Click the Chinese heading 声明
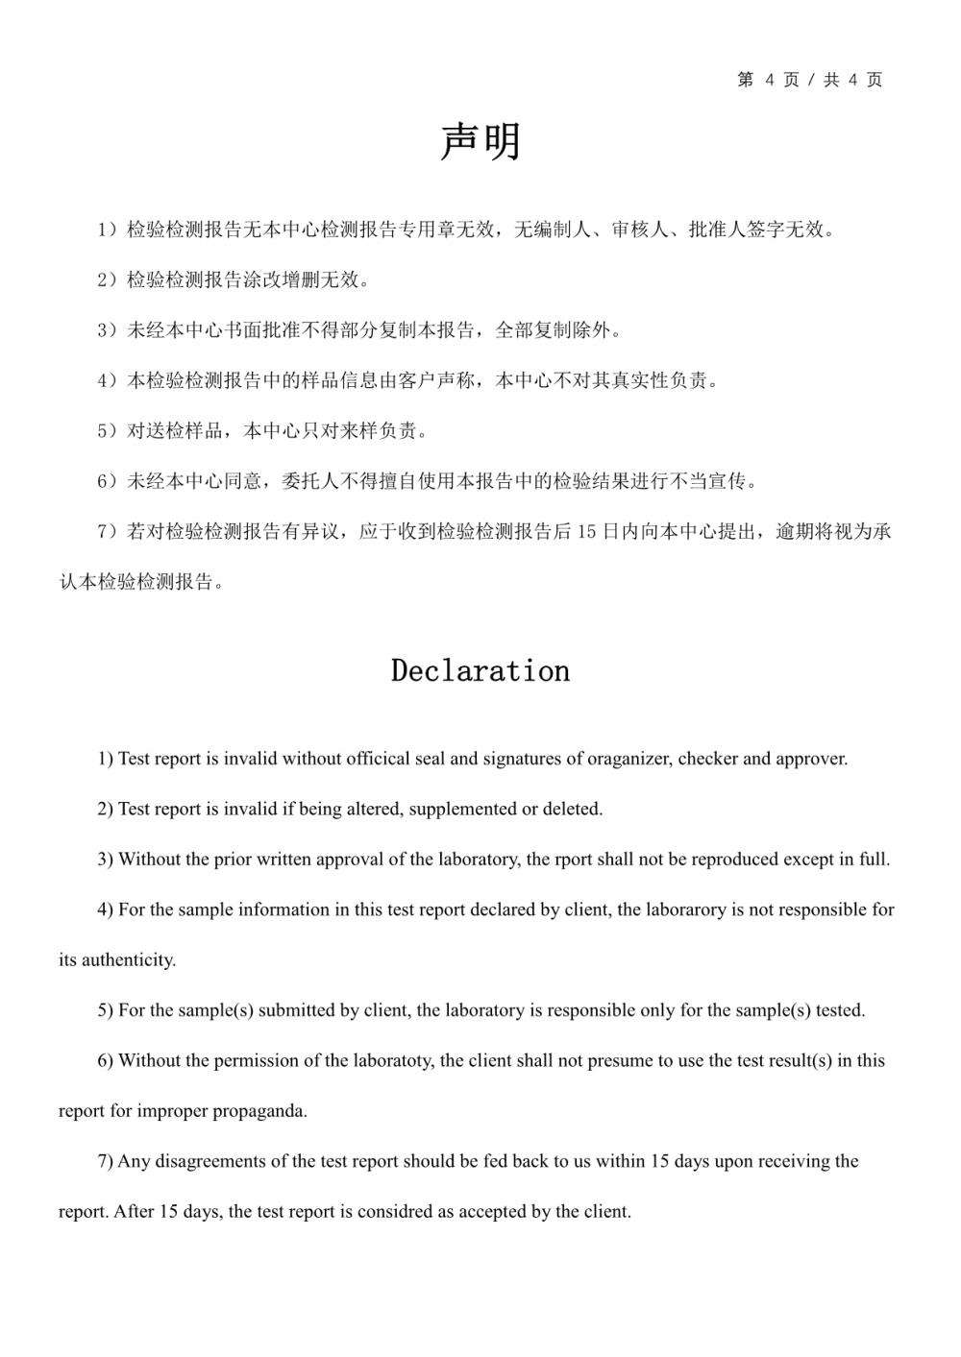coord(480,142)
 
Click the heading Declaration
coord(480,670)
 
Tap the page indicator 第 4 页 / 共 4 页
coord(809,80)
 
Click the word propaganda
coord(259,1111)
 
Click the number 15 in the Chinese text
coord(587,531)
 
